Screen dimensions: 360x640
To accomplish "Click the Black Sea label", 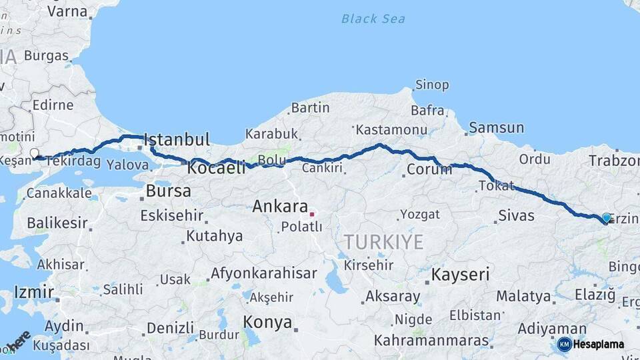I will click(x=373, y=19).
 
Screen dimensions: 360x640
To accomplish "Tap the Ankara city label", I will click(x=279, y=207).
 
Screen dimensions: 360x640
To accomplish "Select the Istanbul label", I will click(x=177, y=140).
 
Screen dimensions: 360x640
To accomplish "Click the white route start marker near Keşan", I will click(x=35, y=153).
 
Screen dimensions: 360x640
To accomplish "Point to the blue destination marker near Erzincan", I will click(x=605, y=218).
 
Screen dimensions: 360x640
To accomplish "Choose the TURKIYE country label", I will click(x=383, y=241).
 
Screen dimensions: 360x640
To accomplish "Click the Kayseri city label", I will click(x=460, y=274).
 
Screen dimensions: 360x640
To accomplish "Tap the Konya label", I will click(x=267, y=323).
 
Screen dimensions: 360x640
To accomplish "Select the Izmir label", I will click(x=33, y=292).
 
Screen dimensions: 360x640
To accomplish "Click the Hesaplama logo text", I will click(x=599, y=345).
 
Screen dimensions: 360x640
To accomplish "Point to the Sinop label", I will click(x=432, y=85).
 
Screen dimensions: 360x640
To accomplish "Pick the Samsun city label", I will click(x=496, y=127).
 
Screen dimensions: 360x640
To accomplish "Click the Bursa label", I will click(x=168, y=191).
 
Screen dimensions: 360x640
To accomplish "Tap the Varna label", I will click(x=67, y=11).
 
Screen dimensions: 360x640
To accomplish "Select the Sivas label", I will click(x=516, y=215).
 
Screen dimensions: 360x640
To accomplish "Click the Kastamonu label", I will click(x=391, y=129).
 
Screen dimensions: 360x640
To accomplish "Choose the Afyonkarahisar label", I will click(x=263, y=273).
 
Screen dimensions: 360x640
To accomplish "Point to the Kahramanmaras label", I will click(x=431, y=340).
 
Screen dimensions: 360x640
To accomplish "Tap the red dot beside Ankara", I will click(x=311, y=214).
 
